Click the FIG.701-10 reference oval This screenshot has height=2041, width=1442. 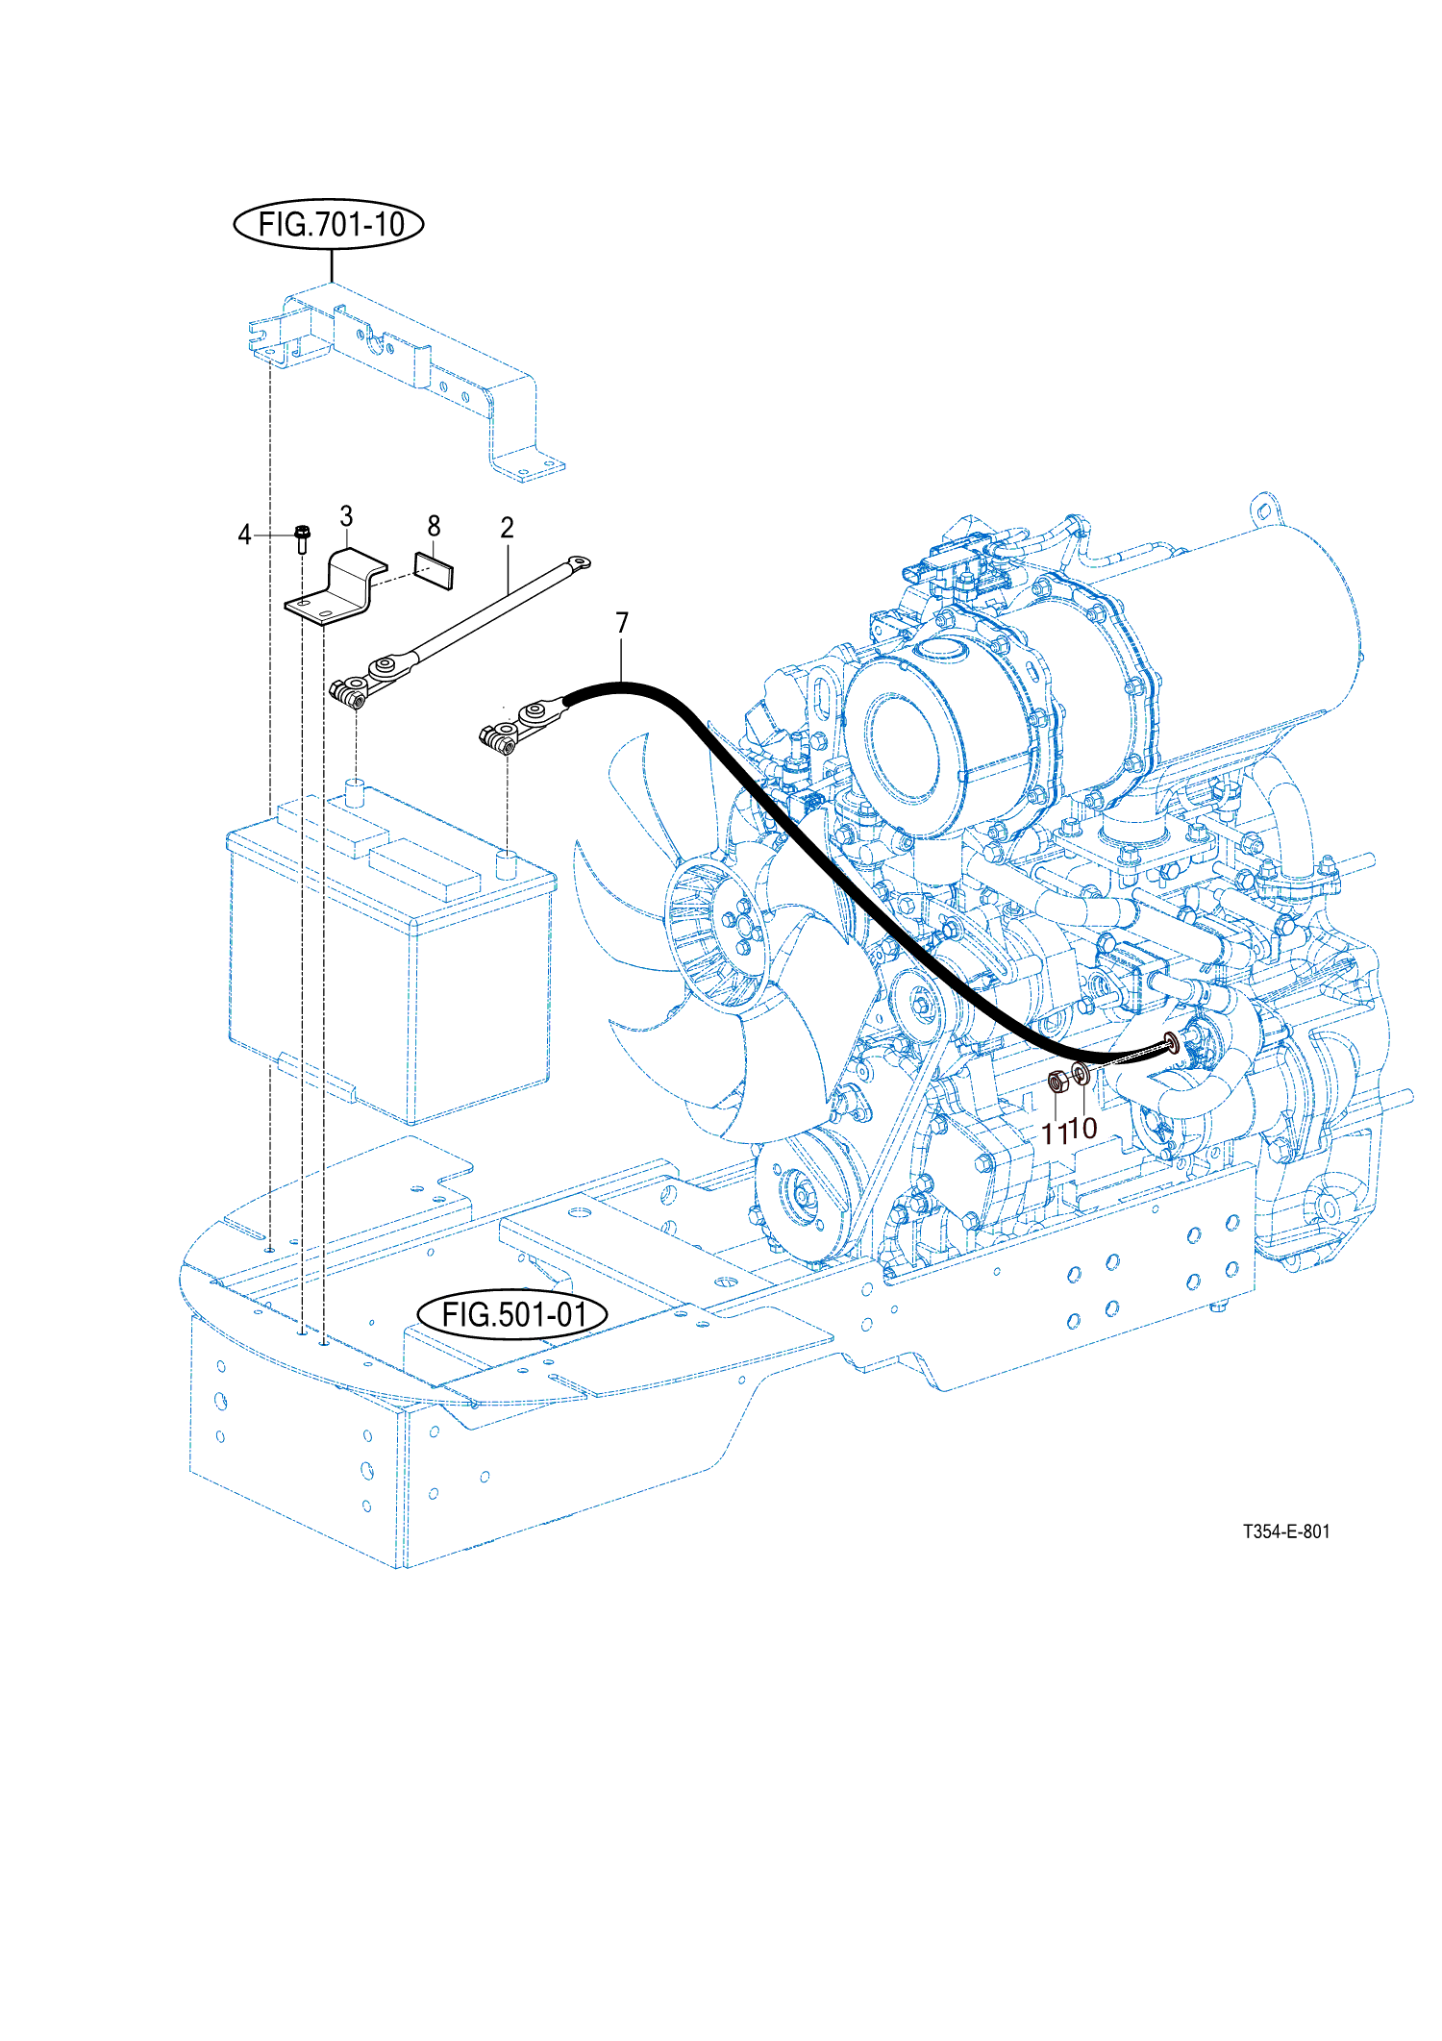coord(329,225)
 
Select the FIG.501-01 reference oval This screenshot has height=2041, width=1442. coord(512,1314)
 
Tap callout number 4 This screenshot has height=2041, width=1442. coord(244,535)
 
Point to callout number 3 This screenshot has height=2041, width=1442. coord(346,516)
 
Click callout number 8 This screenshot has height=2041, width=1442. coord(434,526)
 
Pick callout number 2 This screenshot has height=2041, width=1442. coord(507,528)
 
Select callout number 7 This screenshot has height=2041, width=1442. coord(622,624)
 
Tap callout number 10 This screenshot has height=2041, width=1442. coord(1083,1128)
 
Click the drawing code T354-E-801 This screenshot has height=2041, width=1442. coord(1286,1531)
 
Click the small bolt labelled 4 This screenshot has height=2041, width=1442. coord(302,538)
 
